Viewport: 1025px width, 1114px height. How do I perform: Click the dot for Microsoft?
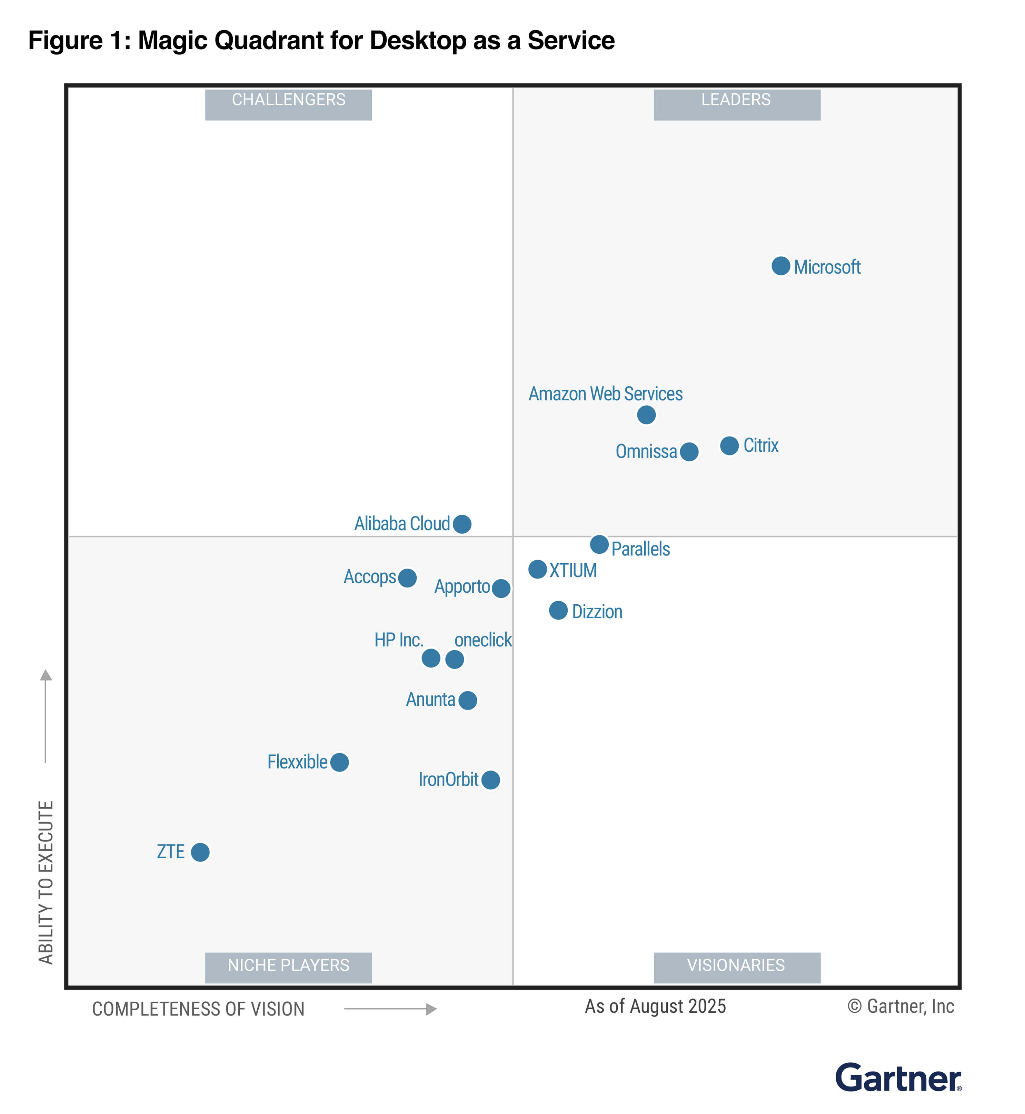pyautogui.click(x=780, y=266)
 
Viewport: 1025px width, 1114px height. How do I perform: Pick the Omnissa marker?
pyautogui.click(x=688, y=452)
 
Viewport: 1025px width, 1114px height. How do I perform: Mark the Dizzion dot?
pyautogui.click(x=558, y=610)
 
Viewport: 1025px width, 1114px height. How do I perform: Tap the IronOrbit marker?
pyautogui.click(x=490, y=780)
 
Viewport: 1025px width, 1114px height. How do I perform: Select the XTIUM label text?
pyautogui.click(x=573, y=570)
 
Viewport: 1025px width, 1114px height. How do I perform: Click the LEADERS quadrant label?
pyautogui.click(x=736, y=100)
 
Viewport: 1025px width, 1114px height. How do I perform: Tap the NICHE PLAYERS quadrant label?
pyautogui.click(x=288, y=965)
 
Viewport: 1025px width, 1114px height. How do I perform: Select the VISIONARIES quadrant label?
pyautogui.click(x=736, y=965)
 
